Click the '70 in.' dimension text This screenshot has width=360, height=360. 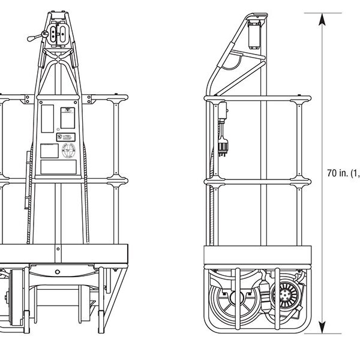(x=338, y=173)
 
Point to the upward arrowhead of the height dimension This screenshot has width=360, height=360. (x=322, y=18)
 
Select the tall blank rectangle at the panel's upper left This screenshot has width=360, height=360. (x=47, y=116)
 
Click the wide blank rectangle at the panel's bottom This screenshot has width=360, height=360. (x=58, y=166)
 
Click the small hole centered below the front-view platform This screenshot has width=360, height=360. (x=58, y=272)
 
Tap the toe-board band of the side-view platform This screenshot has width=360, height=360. (x=258, y=254)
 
